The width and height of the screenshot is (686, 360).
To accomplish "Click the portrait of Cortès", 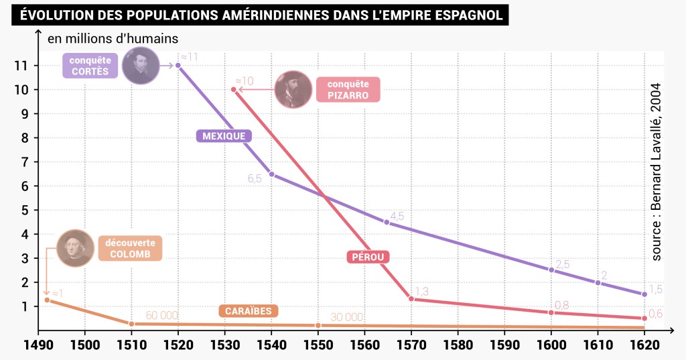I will point(141,66).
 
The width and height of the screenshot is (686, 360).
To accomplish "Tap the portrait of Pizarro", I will point(293,89).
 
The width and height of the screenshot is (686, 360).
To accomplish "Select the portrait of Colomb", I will point(76,249).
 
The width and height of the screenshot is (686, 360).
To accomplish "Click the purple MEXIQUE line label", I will point(224,136).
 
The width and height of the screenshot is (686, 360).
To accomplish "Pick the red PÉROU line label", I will point(368,257).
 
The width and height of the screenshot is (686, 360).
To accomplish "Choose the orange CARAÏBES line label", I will point(249,311).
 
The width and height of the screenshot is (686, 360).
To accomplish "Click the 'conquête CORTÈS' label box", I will point(90,66).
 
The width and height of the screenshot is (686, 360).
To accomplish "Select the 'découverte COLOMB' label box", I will point(130,249).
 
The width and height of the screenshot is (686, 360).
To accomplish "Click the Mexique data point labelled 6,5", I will point(271,174).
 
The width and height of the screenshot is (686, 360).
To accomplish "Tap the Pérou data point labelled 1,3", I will point(411,298).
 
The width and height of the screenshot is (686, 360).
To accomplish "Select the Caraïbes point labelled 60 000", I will point(131,324).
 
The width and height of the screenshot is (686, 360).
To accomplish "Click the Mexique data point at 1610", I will point(598,282).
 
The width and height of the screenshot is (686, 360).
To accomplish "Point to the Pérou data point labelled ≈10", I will point(233,89).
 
